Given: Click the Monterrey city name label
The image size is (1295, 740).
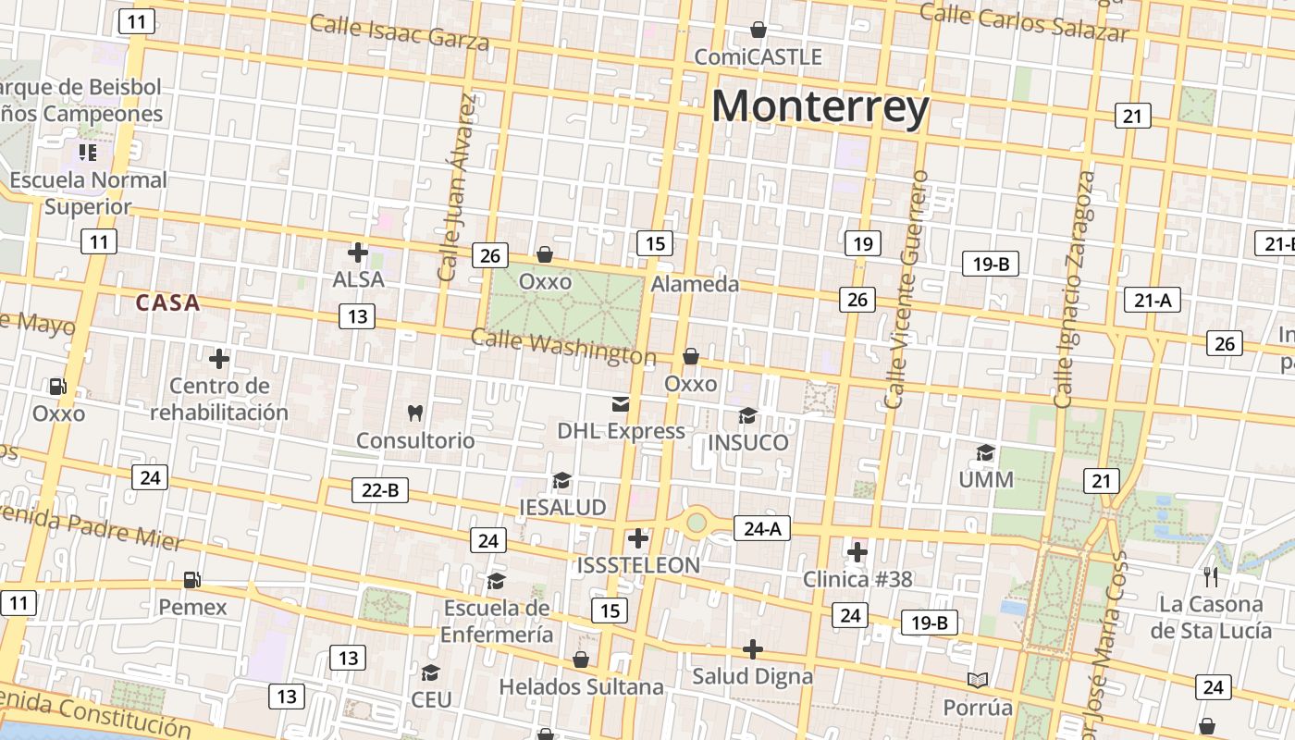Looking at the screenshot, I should tap(820, 106).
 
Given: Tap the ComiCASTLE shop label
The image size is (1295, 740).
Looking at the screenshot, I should tap(758, 56).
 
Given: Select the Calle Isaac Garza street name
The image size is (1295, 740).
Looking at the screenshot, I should tap(400, 31).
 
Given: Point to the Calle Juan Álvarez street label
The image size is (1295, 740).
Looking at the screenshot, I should tap(460, 188).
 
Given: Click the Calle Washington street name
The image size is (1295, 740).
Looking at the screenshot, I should tap(563, 347).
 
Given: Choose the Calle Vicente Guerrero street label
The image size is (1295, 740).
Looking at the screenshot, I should tap(906, 289).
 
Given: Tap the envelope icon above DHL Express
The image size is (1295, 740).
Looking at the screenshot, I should tap(620, 404).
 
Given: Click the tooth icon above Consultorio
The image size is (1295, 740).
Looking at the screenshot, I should tap(415, 413).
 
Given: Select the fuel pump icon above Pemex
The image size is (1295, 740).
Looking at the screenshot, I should tap(192, 580).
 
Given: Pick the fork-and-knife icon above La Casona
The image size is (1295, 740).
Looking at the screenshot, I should tap(1210, 577).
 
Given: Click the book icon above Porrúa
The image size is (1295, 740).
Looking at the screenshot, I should tap(978, 681).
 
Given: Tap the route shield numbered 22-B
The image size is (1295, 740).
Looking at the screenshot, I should tap(379, 490).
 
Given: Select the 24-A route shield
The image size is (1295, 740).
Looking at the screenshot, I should tap(762, 528).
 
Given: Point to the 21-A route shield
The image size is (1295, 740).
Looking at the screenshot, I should tap(1153, 300).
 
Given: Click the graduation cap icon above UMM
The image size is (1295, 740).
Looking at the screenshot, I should tap(985, 452).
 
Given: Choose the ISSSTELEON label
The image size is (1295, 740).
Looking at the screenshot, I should tap(638, 564).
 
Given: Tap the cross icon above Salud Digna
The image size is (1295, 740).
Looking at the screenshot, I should tap(753, 649).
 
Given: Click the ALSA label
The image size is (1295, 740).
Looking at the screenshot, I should tap(358, 278).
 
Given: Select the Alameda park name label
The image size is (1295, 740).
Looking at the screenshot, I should tap(695, 284).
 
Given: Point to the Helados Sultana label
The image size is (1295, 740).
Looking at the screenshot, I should tap(581, 686).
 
